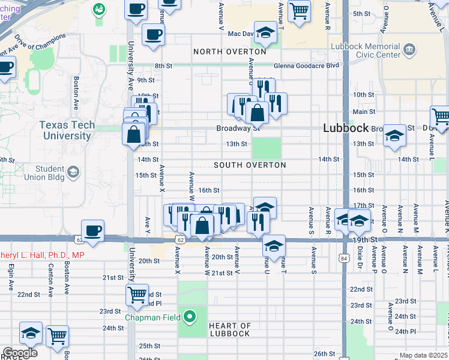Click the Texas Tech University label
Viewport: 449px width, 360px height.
[x=65, y=130]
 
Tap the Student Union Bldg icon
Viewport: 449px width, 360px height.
[x=73, y=173]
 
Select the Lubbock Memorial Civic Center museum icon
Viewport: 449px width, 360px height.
[x=411, y=49]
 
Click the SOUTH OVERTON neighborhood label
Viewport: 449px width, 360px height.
[x=250, y=165]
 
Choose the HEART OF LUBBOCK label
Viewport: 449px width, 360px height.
[x=229, y=329]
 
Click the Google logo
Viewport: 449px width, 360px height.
[x=19, y=353]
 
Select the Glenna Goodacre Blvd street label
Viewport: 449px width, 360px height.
[x=306, y=66]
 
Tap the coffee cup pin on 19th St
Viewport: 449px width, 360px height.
[x=92, y=231]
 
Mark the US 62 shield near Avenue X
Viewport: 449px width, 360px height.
[x=180, y=239]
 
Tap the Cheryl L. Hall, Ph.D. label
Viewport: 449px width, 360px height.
[x=42, y=255]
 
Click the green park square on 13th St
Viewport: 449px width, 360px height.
[x=266, y=147]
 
